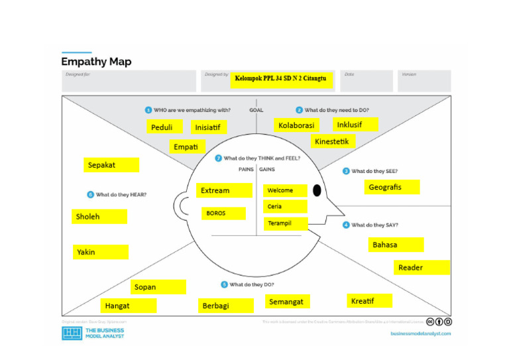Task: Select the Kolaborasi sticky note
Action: coord(296,125)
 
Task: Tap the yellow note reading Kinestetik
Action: coord(334,142)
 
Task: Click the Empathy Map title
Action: coord(96,62)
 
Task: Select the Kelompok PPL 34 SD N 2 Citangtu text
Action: coord(281,80)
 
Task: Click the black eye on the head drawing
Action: coord(317,191)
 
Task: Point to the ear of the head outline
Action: coord(183,206)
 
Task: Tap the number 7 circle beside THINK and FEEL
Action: coord(218,158)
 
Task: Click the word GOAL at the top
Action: coord(256,110)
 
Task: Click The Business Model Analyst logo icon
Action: coord(72,333)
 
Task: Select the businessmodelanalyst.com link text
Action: coord(420,333)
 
